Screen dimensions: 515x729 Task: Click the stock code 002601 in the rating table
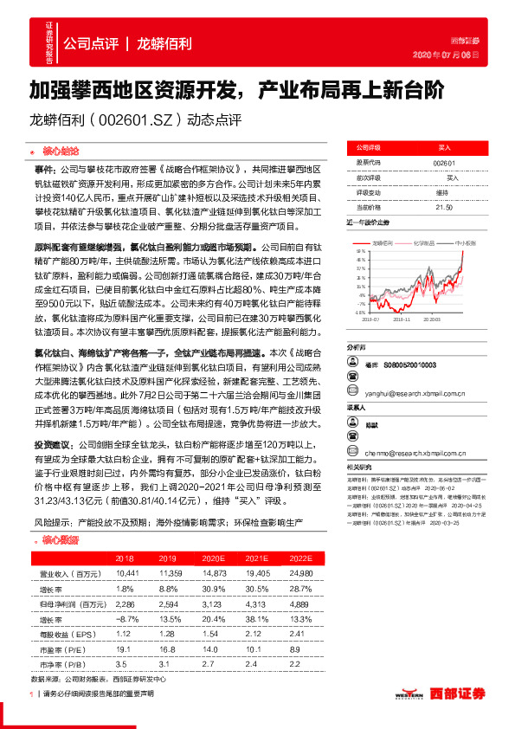[x=443, y=162]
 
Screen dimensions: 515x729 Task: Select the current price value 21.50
[x=443, y=207]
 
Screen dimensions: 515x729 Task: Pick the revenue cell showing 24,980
[x=300, y=573]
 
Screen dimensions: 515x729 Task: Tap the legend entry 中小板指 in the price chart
[x=465, y=244]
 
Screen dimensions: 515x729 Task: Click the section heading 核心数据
[x=61, y=539]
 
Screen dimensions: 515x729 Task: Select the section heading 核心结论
[x=61, y=148]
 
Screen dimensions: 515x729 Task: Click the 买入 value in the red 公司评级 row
[x=443, y=148]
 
